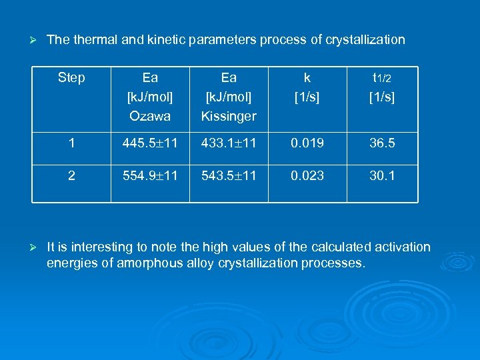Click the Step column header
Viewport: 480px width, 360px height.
pyautogui.click(x=71, y=78)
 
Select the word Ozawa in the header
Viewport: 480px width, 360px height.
pyautogui.click(x=150, y=116)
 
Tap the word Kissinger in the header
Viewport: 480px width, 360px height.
pyautogui.click(x=229, y=116)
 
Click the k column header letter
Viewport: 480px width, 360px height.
pyautogui.click(x=307, y=78)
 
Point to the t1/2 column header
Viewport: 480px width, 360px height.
pyautogui.click(x=382, y=78)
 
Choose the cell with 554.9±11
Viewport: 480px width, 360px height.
pyautogui.click(x=150, y=176)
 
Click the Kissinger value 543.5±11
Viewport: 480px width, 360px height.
pyautogui.click(x=229, y=176)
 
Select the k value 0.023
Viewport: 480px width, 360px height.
pyautogui.click(x=307, y=176)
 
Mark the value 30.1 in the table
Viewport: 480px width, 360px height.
pyautogui.click(x=382, y=176)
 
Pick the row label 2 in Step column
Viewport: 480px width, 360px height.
pyautogui.click(x=71, y=176)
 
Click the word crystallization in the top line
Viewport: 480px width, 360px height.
pyautogui.click(x=365, y=40)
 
